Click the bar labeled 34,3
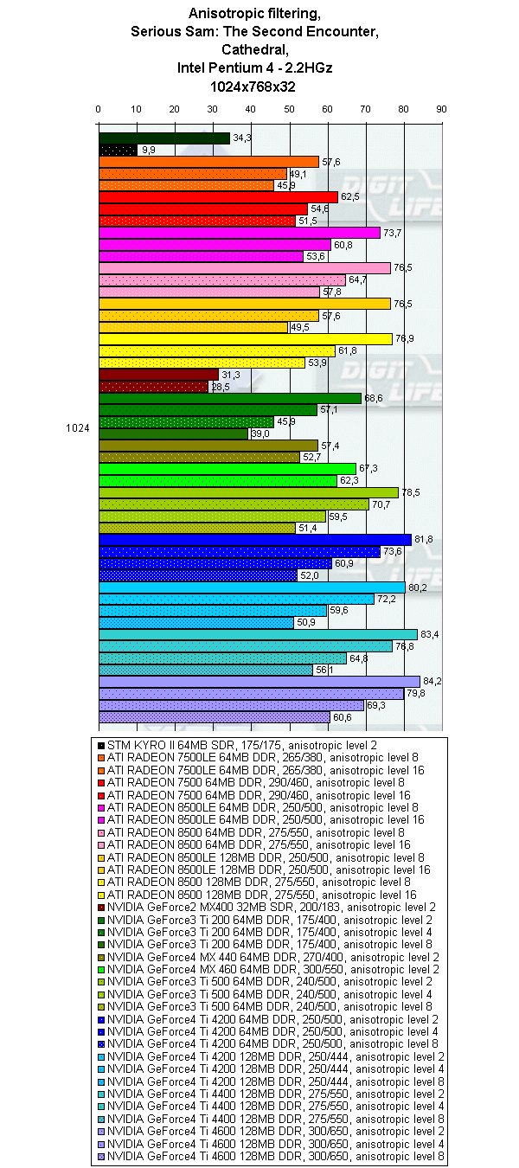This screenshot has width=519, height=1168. click(164, 138)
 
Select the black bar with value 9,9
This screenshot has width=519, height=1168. click(119, 150)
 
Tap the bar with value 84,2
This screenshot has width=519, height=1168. click(259, 681)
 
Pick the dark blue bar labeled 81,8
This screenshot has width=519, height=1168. click(254, 540)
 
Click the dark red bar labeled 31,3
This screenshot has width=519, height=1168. click(158, 375)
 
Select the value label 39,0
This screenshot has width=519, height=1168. click(259, 433)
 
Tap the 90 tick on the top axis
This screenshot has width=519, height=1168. click(441, 109)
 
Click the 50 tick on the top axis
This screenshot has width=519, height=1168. click(289, 109)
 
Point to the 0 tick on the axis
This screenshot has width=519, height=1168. click(99, 109)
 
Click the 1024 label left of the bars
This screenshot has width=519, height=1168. click(79, 427)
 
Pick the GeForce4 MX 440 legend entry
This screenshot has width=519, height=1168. click(273, 957)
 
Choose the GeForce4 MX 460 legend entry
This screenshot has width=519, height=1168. click(273, 969)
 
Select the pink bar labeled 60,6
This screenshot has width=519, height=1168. click(215, 716)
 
